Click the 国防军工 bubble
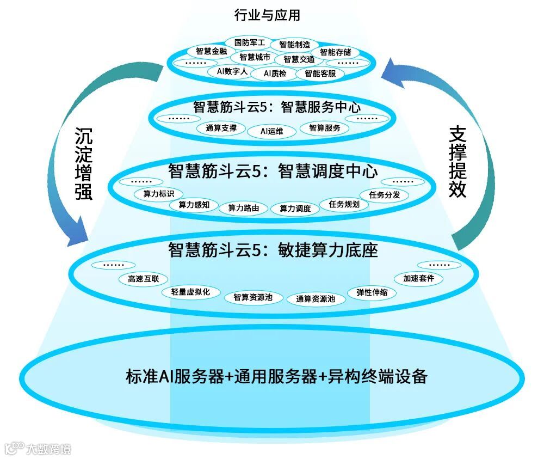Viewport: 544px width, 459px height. [x=249, y=42]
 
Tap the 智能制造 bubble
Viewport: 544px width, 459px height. [x=294, y=45]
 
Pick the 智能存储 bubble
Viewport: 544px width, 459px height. [x=335, y=52]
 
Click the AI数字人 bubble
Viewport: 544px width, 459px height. [x=228, y=71]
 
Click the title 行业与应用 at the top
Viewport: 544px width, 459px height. [x=267, y=15]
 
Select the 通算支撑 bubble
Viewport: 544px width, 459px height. [x=221, y=128]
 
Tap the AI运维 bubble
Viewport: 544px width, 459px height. [x=271, y=131]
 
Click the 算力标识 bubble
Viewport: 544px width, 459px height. [x=158, y=193]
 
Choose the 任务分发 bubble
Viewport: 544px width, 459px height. [x=385, y=194]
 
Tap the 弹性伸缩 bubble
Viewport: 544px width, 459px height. [x=373, y=292]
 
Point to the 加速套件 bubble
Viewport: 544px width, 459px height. [x=418, y=278]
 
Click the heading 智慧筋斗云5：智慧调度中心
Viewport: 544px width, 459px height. [x=273, y=172]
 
